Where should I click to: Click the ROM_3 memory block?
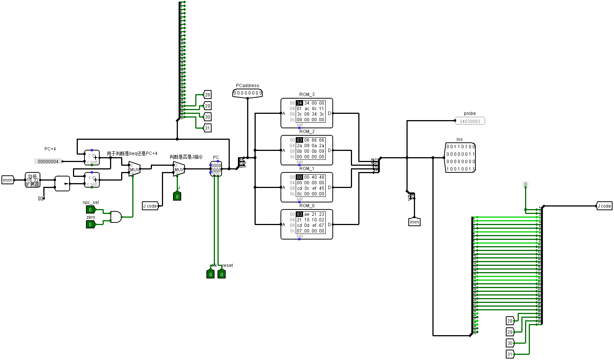coord(306,113)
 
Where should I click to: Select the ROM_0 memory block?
coord(306,224)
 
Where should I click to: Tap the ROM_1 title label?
coord(307,169)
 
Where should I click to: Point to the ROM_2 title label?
coord(307,132)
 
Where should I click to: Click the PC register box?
coord(216,168)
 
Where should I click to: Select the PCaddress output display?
coord(248,93)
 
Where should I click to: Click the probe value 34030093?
coord(469,121)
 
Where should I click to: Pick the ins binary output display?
coord(460,158)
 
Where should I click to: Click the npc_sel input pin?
coord(90,210)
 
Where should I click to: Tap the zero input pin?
coord(90,224)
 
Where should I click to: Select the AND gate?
coord(116,217)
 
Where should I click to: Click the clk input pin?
coord(210,274)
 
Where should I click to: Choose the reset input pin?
coord(222,274)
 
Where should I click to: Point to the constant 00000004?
coord(48,162)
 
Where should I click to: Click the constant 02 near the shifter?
coord(41,199)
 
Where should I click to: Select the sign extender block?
coord(33,180)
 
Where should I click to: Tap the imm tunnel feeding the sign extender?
coord(8,180)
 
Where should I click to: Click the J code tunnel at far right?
coord(604,206)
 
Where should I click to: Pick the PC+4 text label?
coord(50,149)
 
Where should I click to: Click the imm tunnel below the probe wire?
coord(414,222)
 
